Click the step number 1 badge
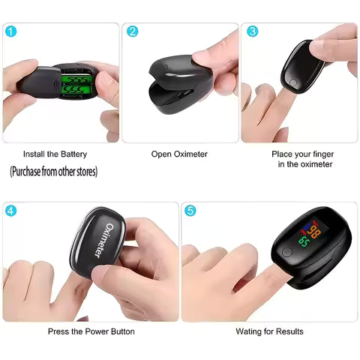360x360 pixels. click(10, 31)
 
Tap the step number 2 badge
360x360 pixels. click(132, 31)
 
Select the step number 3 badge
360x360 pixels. click(253, 31)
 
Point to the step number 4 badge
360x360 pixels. click(10, 211)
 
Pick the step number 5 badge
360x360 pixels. click(190, 211)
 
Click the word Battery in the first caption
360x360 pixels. click(73, 154)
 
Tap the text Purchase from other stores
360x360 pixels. click(54, 172)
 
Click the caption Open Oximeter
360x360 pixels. click(179, 154)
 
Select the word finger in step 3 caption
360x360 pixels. click(323, 154)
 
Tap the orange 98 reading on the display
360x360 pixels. click(314, 232)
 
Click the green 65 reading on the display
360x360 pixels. click(304, 241)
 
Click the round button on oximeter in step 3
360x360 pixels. click(293, 82)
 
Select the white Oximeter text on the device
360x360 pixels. click(103, 240)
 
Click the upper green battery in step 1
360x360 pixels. click(77, 79)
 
